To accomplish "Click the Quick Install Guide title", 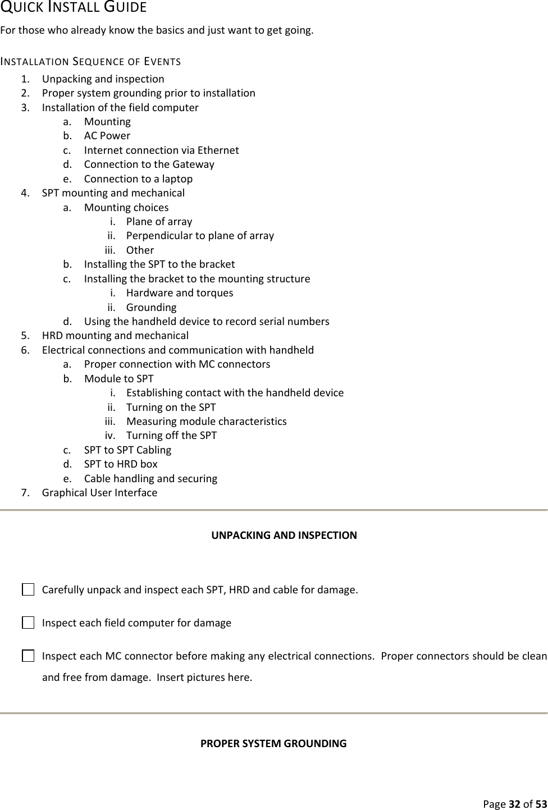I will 74,8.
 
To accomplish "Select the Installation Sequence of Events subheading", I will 90,61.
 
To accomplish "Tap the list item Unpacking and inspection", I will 103,79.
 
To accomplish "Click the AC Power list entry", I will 107,136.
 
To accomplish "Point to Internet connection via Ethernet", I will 161,150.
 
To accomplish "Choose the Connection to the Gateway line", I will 149,164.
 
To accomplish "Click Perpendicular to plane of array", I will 200,236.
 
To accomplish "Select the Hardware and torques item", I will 179,293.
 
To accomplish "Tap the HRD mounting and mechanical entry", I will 115,336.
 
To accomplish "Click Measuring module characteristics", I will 206,422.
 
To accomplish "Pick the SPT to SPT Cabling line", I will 127,450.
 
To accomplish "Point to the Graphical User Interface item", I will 99,493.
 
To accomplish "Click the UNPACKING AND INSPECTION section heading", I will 284,535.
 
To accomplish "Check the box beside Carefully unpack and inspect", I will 28,590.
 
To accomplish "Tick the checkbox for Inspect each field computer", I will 28,623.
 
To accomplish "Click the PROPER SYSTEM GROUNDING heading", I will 273,744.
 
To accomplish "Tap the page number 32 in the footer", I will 514,804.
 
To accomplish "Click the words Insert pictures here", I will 204,678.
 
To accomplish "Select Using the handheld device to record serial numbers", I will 206,322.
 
